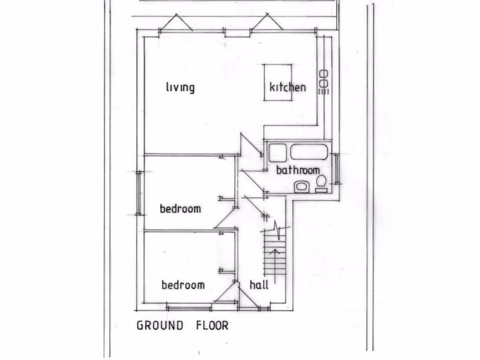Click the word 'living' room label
tap(180, 87)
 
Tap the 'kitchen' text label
tap(287, 87)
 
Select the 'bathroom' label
tap(298, 170)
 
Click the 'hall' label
tap(259, 285)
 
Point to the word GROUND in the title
tap(160, 325)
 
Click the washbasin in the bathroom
tap(300, 187)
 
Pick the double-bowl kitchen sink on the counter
tap(323, 78)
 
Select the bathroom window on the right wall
tap(336, 168)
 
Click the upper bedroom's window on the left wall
tap(139, 193)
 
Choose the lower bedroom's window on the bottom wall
tap(189, 308)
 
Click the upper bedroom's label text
tap(180, 209)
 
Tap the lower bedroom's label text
tap(183, 285)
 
